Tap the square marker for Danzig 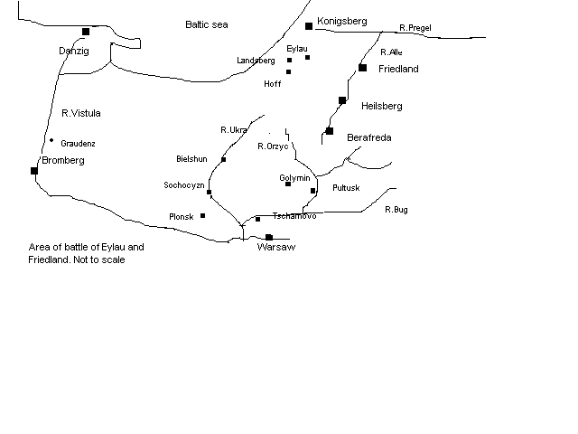pyautogui.click(x=86, y=32)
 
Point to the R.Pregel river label pyautogui.click(x=415, y=28)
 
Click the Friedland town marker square pyautogui.click(x=362, y=68)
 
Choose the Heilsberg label pyautogui.click(x=381, y=106)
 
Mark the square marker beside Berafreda pyautogui.click(x=330, y=131)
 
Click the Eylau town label pyautogui.click(x=296, y=48)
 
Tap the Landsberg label pyautogui.click(x=256, y=61)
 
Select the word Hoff pyautogui.click(x=273, y=84)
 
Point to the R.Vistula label pyautogui.click(x=81, y=113)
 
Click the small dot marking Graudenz pyautogui.click(x=51, y=140)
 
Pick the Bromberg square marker pyautogui.click(x=34, y=171)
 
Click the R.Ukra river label pyautogui.click(x=234, y=130)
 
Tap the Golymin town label pyautogui.click(x=294, y=178)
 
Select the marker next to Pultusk pyautogui.click(x=313, y=191)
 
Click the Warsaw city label pyautogui.click(x=276, y=247)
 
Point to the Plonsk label pyautogui.click(x=182, y=217)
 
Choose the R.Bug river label pyautogui.click(x=396, y=210)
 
